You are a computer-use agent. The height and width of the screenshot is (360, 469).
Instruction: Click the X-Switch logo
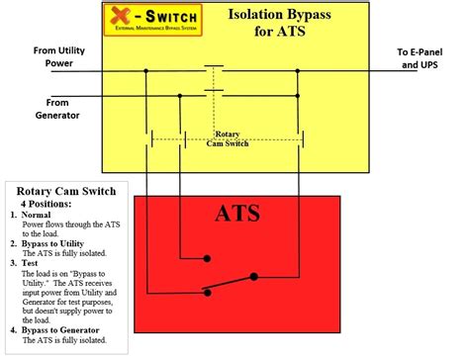(150, 21)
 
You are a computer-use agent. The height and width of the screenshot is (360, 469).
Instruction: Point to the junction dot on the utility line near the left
(146, 70)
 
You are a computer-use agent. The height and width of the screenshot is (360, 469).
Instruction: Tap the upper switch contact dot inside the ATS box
(207, 259)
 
